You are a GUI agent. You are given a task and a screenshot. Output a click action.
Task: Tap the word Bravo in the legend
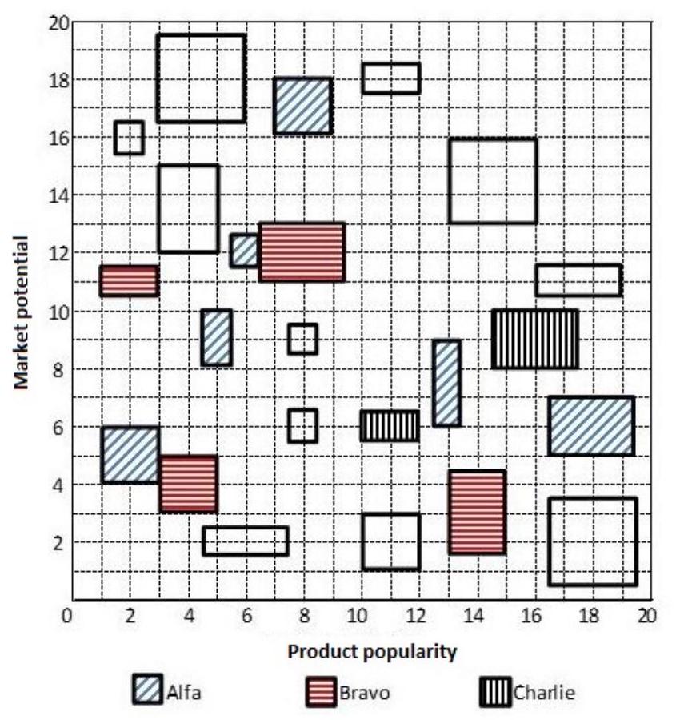(x=365, y=692)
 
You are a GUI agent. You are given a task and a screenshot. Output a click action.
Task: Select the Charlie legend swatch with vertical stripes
(x=496, y=690)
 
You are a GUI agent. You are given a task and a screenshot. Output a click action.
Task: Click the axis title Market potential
(x=22, y=312)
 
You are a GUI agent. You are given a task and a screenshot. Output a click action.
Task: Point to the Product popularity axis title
(x=373, y=651)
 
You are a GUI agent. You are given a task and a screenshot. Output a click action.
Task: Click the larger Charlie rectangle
(x=534, y=340)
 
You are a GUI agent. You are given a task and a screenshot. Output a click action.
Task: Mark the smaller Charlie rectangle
(x=390, y=426)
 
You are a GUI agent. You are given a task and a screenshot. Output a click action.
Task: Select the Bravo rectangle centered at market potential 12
(x=302, y=252)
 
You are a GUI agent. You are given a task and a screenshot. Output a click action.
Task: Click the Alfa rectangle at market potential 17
(x=302, y=106)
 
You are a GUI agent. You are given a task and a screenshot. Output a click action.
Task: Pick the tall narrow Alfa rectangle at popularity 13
(x=446, y=384)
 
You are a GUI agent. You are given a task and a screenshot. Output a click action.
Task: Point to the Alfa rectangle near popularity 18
(x=591, y=426)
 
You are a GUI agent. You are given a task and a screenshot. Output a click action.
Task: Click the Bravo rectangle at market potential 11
(x=129, y=281)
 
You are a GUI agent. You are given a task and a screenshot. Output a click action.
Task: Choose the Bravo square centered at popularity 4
(x=188, y=484)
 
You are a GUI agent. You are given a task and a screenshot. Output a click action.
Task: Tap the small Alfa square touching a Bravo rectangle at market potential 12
(x=244, y=251)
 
